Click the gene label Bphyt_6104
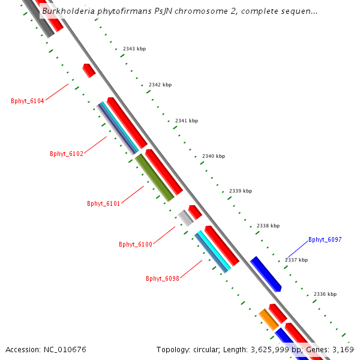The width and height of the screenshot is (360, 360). click(28, 101)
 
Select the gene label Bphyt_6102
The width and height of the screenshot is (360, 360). click(67, 154)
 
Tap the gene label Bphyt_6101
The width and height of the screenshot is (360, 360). click(104, 203)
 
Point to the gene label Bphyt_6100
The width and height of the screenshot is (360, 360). click(136, 244)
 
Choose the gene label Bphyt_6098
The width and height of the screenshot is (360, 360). click(163, 278)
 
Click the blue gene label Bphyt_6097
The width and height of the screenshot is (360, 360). click(325, 239)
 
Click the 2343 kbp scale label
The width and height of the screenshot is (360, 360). click(134, 49)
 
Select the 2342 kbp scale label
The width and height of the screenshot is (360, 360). click(160, 85)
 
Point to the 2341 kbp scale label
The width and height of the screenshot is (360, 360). click(187, 121)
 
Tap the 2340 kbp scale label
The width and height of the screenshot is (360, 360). click(214, 156)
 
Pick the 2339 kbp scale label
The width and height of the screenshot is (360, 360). click(241, 191)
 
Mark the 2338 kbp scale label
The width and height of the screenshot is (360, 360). click(268, 226)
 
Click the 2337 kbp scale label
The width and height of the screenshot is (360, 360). click(296, 260)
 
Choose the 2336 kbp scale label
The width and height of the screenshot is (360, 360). click(325, 294)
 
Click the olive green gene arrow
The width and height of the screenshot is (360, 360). click(154, 178)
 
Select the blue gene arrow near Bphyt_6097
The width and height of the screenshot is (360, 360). click(266, 274)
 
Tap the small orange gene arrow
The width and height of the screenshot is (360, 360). click(268, 319)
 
